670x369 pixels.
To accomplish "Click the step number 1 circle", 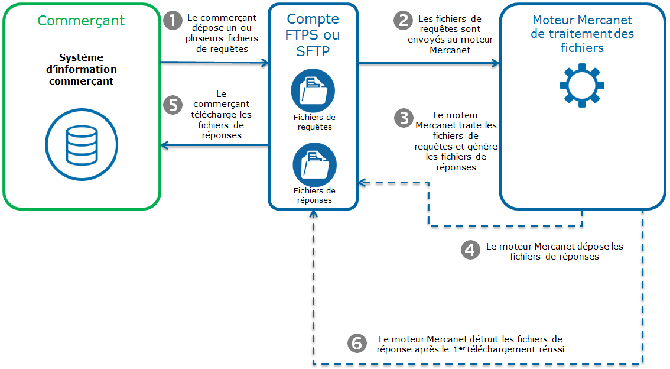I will point(172,21).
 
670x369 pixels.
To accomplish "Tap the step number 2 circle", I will point(403,21).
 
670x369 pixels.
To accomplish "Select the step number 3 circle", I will point(403,118).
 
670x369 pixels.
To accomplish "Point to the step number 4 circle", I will point(470,250).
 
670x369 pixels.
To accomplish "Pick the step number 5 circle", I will point(172,105).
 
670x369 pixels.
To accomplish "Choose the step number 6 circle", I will point(356,343).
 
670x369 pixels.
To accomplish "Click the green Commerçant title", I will point(81,21).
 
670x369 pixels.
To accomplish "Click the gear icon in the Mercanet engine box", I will point(581,85).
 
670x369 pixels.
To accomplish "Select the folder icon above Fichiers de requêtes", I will point(313,90).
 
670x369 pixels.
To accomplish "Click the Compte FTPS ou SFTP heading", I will point(313,35).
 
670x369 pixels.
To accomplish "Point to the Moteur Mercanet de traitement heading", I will point(582,34).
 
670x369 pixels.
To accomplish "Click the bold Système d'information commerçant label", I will point(81,69).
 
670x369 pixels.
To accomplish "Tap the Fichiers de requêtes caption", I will point(314,122).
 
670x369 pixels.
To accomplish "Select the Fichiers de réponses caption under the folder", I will point(314,195).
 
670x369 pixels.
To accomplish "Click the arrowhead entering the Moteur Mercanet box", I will point(495,63).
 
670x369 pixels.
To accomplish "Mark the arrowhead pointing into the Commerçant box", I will point(165,145).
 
